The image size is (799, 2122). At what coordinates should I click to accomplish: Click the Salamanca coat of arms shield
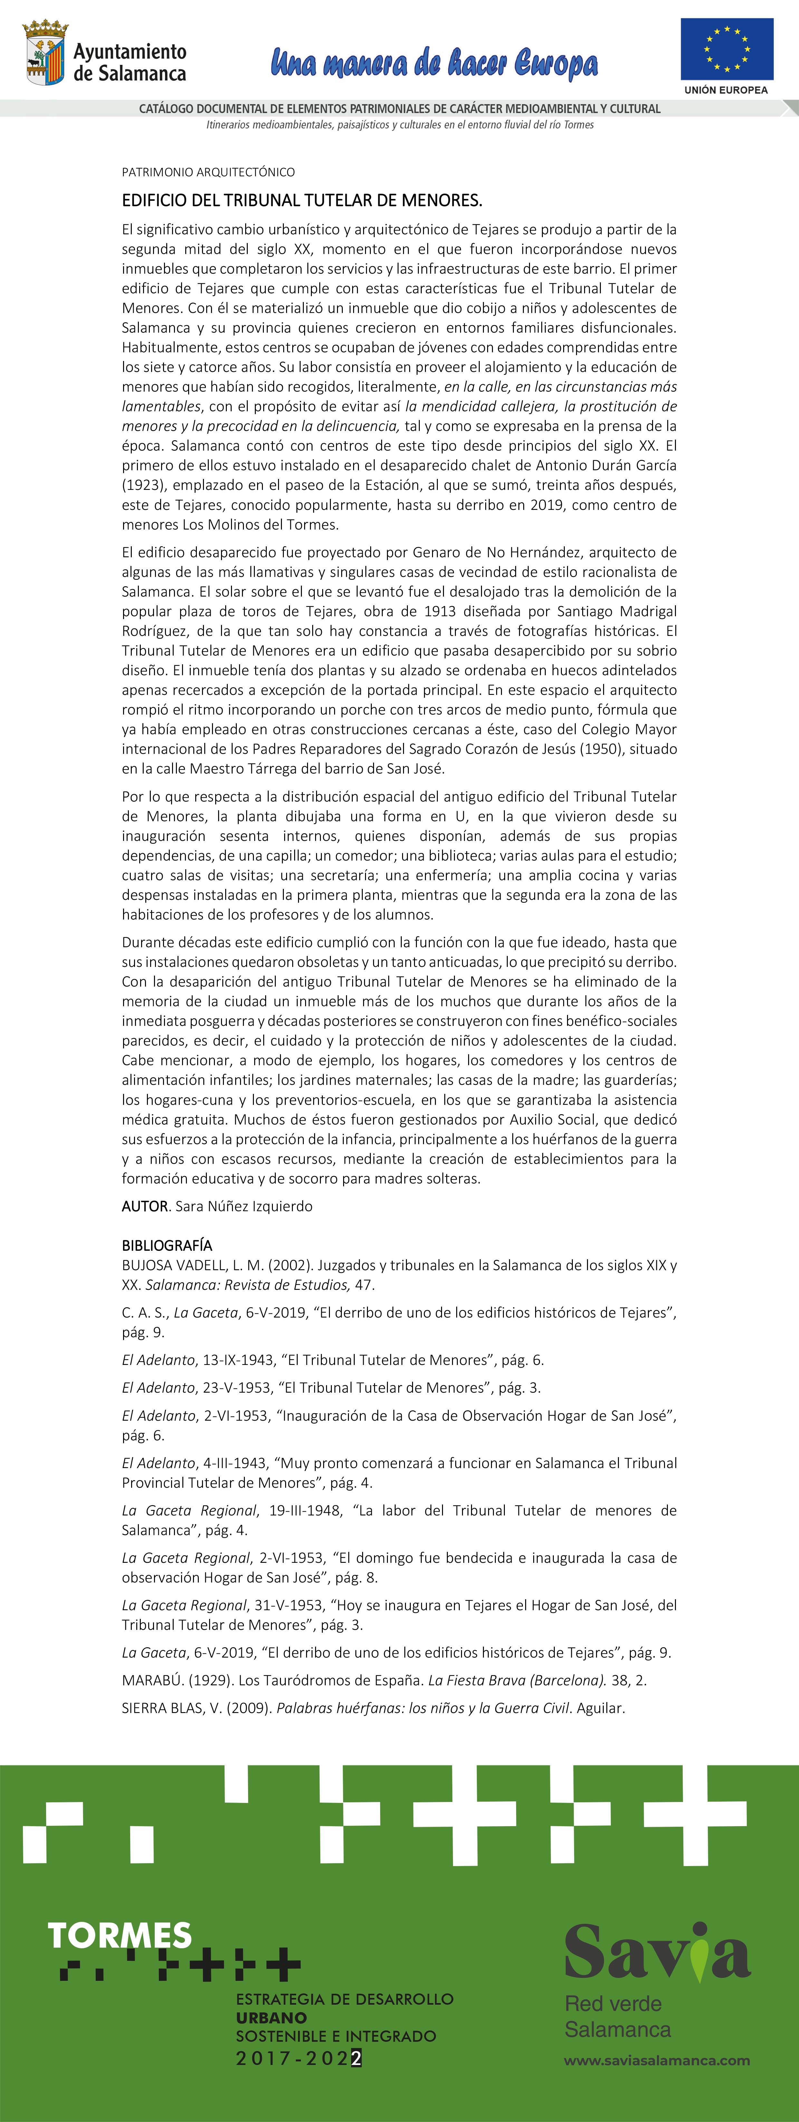tap(44, 56)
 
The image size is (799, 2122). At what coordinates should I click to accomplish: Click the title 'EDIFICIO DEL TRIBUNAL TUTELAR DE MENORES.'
tap(302, 200)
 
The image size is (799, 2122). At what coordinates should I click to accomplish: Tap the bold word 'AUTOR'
tap(145, 1206)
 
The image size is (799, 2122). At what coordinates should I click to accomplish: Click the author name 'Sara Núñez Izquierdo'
tap(244, 1206)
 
